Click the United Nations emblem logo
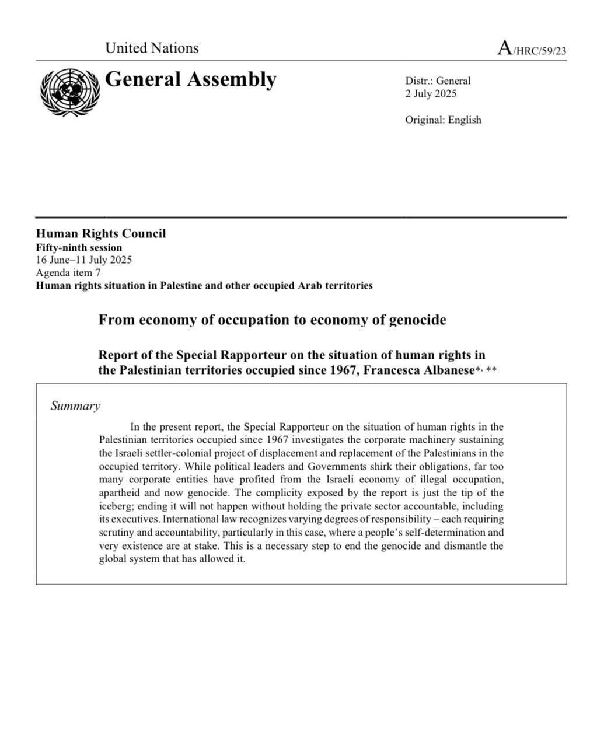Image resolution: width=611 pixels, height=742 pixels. point(69,92)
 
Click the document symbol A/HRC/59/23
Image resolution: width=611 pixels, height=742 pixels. point(531,48)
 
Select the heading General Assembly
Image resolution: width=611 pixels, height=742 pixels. point(190,79)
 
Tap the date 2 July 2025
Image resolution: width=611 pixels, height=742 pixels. point(431,94)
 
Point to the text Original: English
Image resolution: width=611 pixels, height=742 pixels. point(443,120)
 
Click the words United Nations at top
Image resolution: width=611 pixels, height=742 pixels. point(152,48)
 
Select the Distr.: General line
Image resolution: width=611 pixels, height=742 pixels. point(438,81)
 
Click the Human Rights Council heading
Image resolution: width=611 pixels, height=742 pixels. point(100,234)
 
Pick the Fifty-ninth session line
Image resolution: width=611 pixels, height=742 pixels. point(79,247)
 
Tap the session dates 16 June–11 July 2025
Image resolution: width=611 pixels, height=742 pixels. point(83,260)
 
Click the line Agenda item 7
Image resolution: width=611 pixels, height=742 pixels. point(68,273)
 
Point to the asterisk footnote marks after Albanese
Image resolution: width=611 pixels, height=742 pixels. point(486,369)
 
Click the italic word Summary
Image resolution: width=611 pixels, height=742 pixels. point(75,406)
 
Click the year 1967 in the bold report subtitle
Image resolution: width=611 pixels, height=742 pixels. point(340,370)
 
